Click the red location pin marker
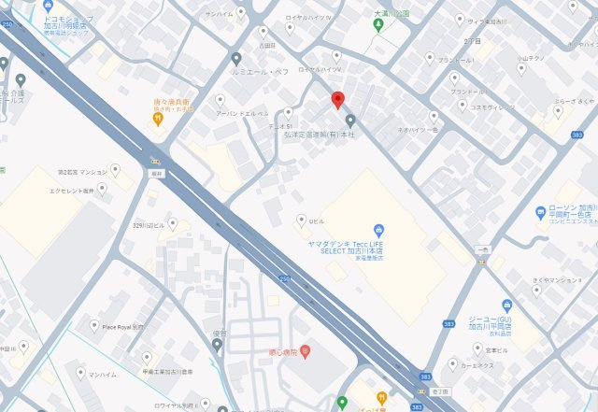pyautogui.click(x=338, y=101)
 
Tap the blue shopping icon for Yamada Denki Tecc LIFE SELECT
pyautogui.click(x=377, y=230)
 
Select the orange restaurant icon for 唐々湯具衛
pyautogui.click(x=159, y=119)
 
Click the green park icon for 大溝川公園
pyautogui.click(x=378, y=25)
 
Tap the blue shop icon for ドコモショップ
pyautogui.click(x=48, y=5)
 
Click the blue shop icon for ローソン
pyautogui.click(x=540, y=213)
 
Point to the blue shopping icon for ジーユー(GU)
pyautogui.click(x=507, y=305)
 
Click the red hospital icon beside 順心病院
pyautogui.click(x=305, y=354)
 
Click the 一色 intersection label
pyautogui.click(x=482, y=249)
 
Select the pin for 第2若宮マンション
pyautogui.click(x=115, y=169)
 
